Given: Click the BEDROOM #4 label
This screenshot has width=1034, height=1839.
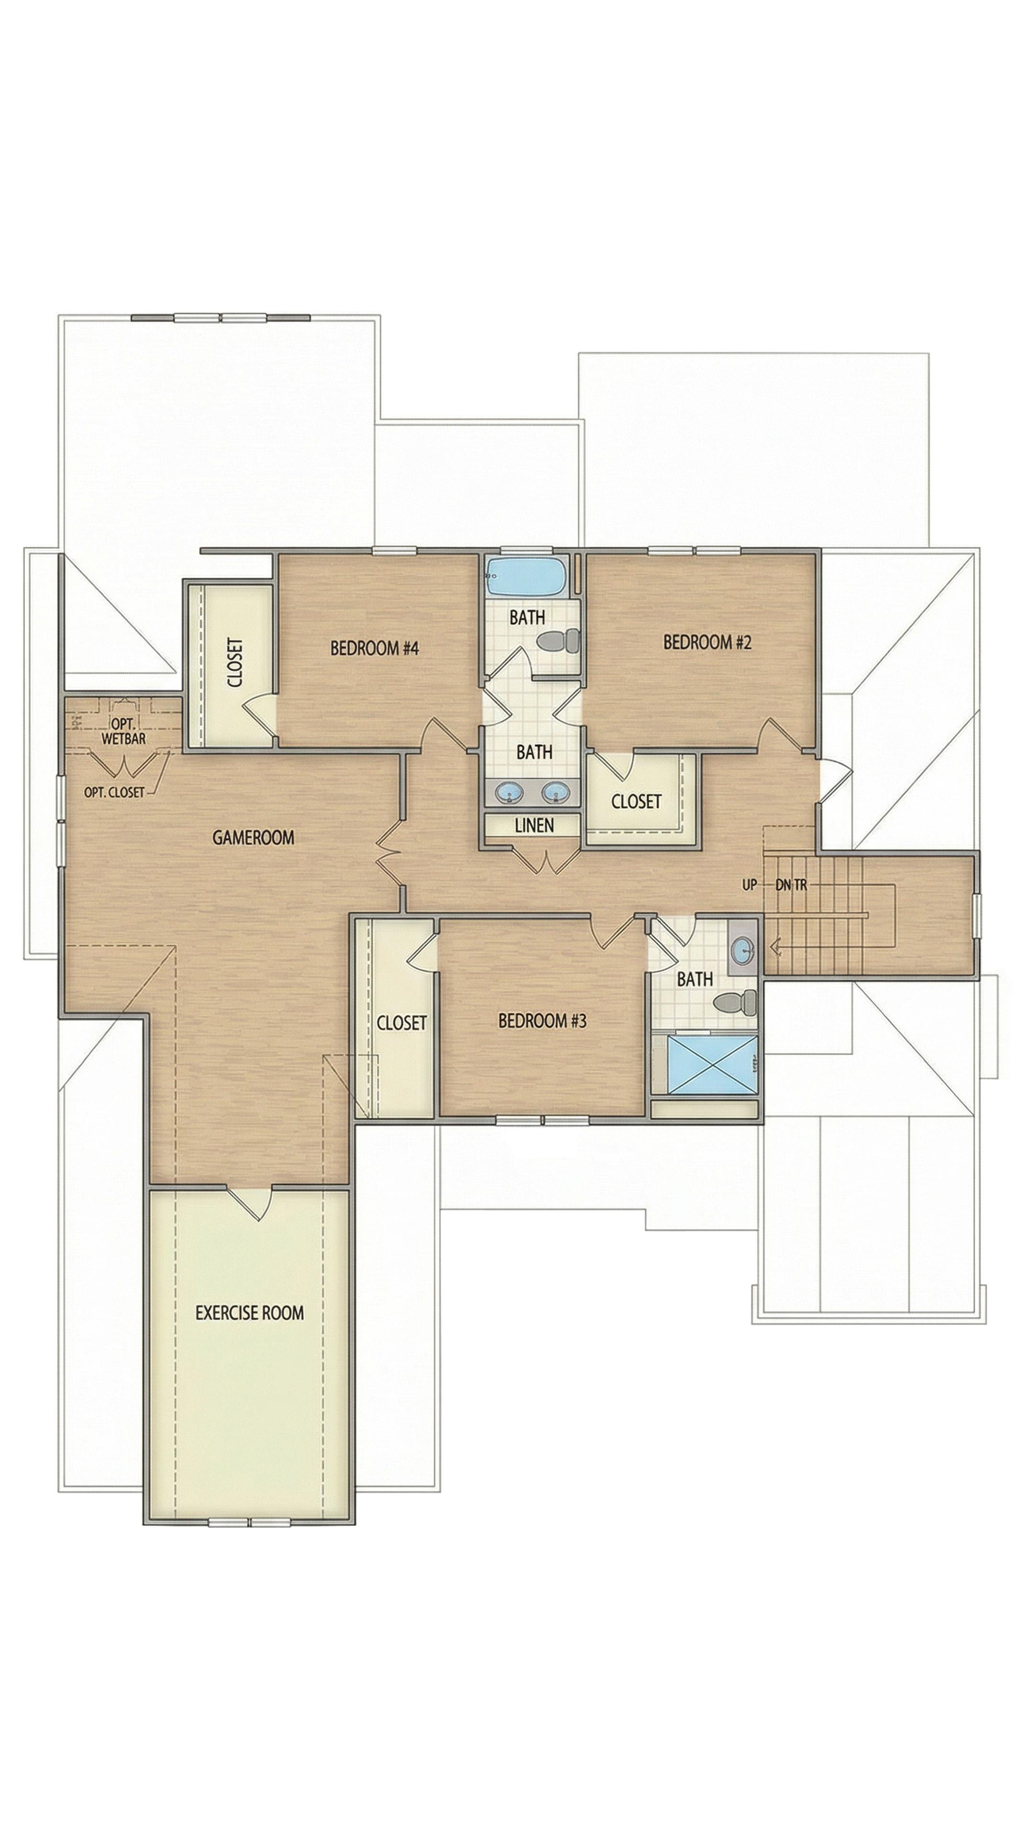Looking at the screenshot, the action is [x=373, y=648].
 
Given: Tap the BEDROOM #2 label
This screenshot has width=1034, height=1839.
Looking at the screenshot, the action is [x=707, y=642].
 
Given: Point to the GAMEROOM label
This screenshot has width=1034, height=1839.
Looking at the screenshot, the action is [x=253, y=838].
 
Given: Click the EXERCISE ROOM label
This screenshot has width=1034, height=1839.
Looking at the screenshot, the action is [x=250, y=1313].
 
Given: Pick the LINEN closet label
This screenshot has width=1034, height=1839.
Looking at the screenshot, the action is [x=535, y=825].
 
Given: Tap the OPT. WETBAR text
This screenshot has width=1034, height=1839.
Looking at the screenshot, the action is [x=124, y=732].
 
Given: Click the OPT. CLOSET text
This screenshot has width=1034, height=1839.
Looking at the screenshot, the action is [x=114, y=792].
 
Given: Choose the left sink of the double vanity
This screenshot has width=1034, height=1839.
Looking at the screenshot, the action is [x=509, y=791].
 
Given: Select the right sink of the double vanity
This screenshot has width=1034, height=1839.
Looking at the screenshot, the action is [x=555, y=791].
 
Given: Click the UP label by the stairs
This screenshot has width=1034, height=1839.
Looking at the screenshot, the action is [x=749, y=885].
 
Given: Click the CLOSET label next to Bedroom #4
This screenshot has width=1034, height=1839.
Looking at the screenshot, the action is [x=236, y=662].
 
